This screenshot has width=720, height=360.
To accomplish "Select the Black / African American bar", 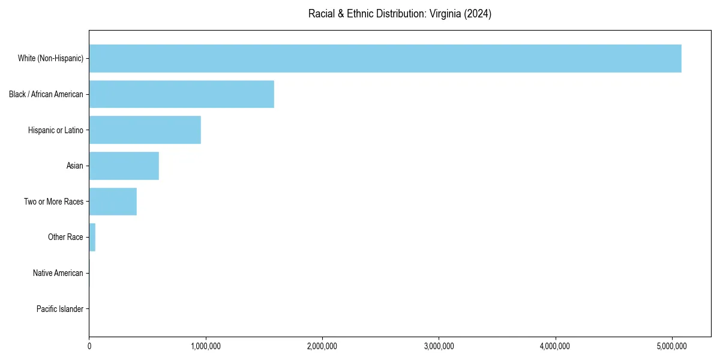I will (x=181, y=94).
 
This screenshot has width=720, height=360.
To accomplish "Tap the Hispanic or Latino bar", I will (x=145, y=130).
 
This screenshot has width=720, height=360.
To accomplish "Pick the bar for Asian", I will (x=124, y=166).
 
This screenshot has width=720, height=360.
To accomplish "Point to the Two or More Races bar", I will (x=113, y=202).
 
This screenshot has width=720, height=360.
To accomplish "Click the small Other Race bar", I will (x=92, y=238).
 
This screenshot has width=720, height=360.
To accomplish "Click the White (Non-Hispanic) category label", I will (x=50, y=58).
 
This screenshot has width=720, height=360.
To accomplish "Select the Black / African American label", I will (x=46, y=94).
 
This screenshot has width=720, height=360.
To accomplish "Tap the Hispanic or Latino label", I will (x=56, y=130).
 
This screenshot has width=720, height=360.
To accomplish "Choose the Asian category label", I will (x=75, y=166).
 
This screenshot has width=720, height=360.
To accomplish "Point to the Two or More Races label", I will (x=53, y=202).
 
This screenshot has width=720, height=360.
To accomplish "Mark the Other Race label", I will (x=65, y=238).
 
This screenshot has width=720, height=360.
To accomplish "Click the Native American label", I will (x=58, y=273).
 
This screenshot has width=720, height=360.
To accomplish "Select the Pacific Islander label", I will (x=60, y=309).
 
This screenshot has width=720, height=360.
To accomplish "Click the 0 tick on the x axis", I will (x=89, y=346).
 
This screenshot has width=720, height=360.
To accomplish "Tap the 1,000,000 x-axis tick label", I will (x=206, y=346).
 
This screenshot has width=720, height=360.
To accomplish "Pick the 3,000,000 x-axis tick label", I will (x=439, y=346).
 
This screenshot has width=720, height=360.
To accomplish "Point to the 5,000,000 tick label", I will (x=673, y=346).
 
